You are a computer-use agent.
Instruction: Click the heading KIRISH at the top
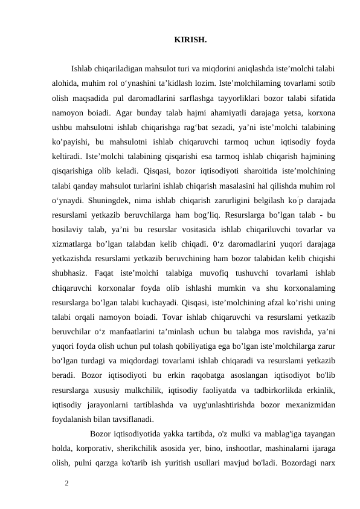click(190, 41)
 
